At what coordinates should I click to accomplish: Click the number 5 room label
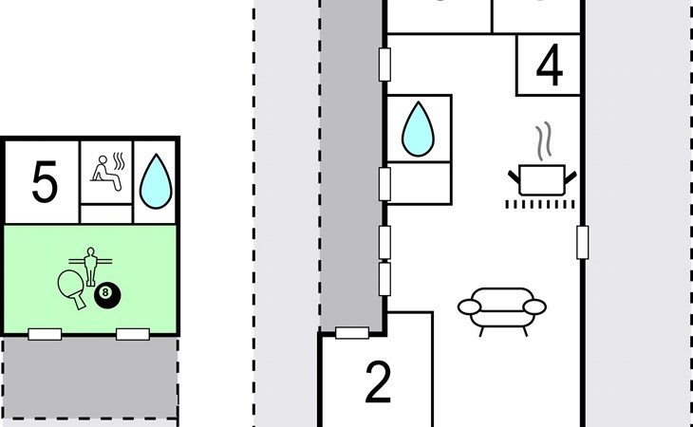click(x=44, y=182)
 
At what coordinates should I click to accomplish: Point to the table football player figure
click(x=91, y=265)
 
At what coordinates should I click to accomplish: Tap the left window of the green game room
click(x=45, y=334)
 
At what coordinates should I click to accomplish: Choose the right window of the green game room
click(x=132, y=334)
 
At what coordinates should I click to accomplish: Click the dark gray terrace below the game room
click(x=90, y=377)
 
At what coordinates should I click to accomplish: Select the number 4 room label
click(x=549, y=65)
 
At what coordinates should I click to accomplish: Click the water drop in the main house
click(x=418, y=129)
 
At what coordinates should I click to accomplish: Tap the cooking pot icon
click(x=542, y=178)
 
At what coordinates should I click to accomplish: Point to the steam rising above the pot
click(x=543, y=142)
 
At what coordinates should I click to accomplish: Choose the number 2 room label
click(x=378, y=382)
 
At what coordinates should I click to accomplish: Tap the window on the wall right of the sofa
click(x=583, y=242)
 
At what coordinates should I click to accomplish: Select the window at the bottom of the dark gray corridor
click(x=352, y=332)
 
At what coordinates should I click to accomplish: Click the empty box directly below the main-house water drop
click(x=419, y=180)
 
